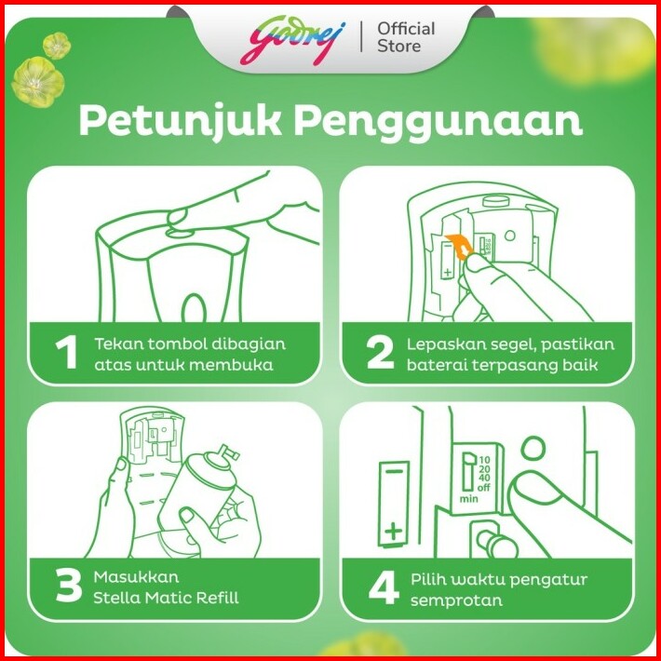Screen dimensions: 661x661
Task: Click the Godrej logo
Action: coord(292,40)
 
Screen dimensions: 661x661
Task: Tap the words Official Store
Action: coord(406,37)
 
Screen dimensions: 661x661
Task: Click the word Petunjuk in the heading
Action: coord(180,122)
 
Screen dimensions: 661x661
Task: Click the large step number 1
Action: coord(66,352)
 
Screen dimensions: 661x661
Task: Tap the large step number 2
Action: coord(380,353)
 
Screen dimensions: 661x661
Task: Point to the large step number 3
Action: coord(68,586)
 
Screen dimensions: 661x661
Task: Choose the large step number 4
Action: coord(384,587)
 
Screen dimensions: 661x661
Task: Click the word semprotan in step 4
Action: coord(456,600)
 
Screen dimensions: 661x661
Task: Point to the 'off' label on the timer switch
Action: coord(484,488)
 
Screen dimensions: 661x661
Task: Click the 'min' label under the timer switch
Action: coord(469,499)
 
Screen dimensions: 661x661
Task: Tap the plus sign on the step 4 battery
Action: coord(393,532)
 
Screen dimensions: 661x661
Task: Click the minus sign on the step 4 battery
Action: coord(394,471)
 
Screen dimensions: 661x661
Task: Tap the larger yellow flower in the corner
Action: coord(38,82)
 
